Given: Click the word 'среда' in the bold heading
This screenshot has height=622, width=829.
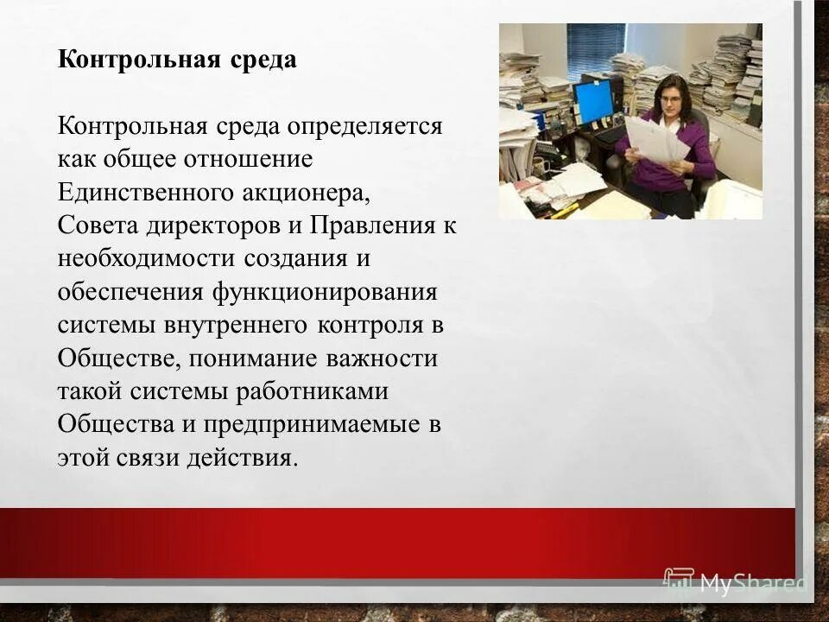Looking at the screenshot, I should [263, 60].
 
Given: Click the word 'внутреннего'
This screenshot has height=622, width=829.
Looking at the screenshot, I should [233, 325].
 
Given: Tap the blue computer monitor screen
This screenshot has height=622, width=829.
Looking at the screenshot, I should [593, 102].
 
